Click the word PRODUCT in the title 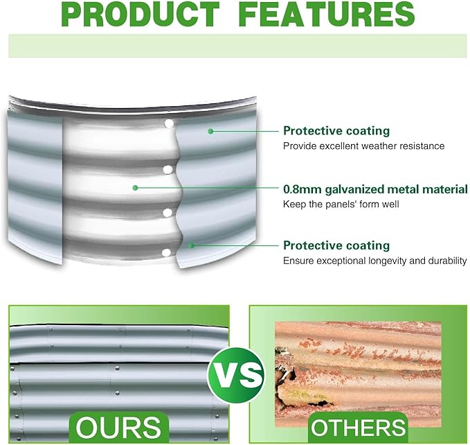point(142,14)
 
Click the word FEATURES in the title point(327,14)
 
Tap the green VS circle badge point(237,375)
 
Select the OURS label point(118,427)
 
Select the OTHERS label point(358,428)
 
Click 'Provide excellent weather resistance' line point(363,146)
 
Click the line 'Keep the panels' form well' point(341,204)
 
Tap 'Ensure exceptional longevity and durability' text point(375,261)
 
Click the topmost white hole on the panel point(170,123)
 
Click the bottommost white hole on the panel point(167,253)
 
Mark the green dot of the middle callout point(135,188)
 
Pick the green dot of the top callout point(210,131)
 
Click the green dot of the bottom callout point(191,246)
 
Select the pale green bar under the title point(237,46)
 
